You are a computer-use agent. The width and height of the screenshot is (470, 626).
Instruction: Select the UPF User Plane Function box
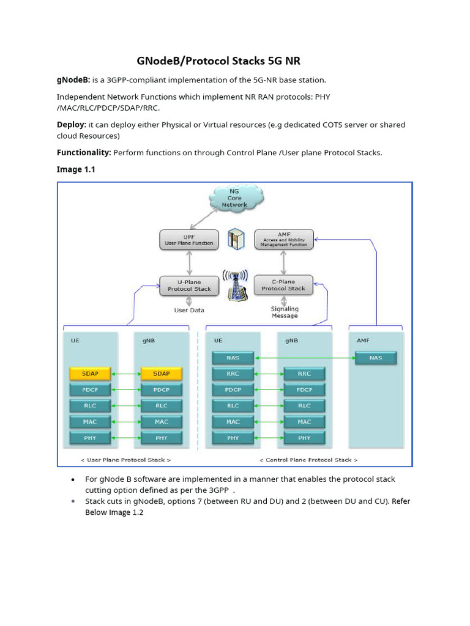coord(189,239)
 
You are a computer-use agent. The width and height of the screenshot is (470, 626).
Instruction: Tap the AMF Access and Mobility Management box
coord(283,239)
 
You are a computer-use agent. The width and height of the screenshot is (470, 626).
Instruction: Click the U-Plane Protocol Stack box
coord(189,285)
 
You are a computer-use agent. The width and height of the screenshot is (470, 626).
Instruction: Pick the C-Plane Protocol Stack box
coord(283,285)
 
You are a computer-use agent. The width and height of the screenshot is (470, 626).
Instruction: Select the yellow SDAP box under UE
coord(91,374)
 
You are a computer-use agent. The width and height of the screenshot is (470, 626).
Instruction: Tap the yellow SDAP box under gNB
coord(162,374)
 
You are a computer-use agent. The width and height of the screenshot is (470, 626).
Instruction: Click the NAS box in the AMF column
coord(376,358)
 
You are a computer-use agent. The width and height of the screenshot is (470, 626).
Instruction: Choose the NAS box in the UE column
coord(233,358)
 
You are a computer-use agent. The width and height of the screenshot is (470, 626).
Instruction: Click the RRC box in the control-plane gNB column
coord(304,374)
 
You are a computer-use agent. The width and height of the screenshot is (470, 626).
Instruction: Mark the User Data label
coord(189,310)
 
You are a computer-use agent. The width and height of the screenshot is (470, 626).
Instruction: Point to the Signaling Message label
coord(285,312)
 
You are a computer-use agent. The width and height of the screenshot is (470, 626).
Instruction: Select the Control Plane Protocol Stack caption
coord(308,459)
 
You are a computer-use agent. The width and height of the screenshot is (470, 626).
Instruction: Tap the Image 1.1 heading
coord(76,169)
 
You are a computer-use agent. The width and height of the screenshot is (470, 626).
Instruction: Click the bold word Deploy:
coord(72,125)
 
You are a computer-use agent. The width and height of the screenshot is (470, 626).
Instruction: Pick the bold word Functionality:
coord(84,152)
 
